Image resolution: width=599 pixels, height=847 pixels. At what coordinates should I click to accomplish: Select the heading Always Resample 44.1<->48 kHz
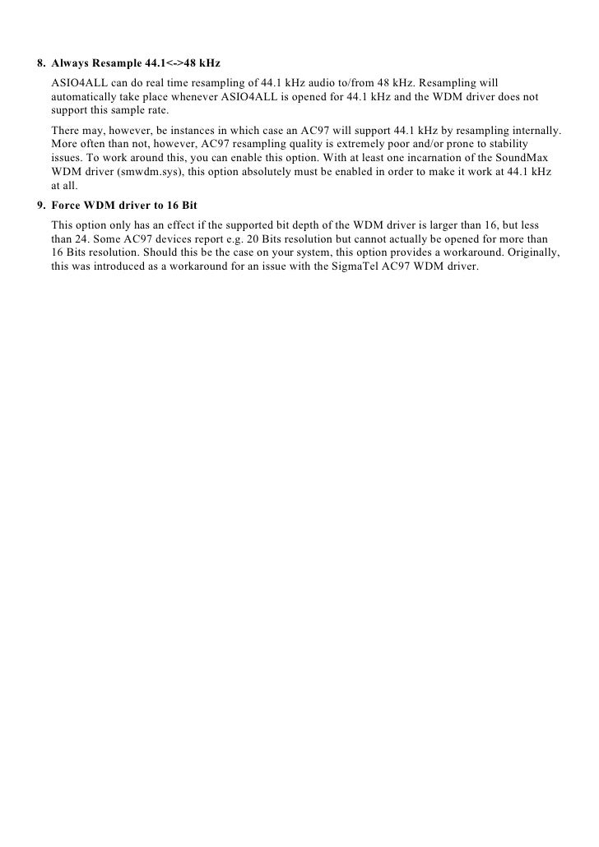(136, 62)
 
